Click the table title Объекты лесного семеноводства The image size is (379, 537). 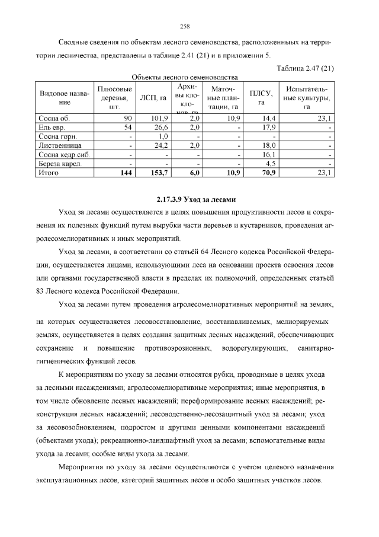click(184, 77)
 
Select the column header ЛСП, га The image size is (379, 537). click(152, 98)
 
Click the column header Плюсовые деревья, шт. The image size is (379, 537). click(114, 98)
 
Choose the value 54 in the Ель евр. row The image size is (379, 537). click(127, 128)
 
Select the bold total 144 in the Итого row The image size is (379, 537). click(125, 173)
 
